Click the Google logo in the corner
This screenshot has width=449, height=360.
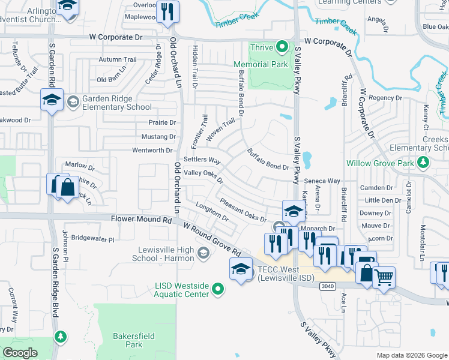tap(19, 353)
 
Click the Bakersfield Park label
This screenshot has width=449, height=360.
tap(127, 340)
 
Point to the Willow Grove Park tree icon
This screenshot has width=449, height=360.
tap(423, 162)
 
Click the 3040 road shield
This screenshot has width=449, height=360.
tap(328, 286)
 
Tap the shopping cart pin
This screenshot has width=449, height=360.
tap(384, 278)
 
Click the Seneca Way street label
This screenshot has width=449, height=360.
tap(322, 181)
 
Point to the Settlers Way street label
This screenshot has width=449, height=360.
tap(202, 160)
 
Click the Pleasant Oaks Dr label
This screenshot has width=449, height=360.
tap(243, 211)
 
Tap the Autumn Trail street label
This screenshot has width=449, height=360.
tap(118, 59)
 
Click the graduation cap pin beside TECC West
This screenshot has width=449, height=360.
tap(241, 269)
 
